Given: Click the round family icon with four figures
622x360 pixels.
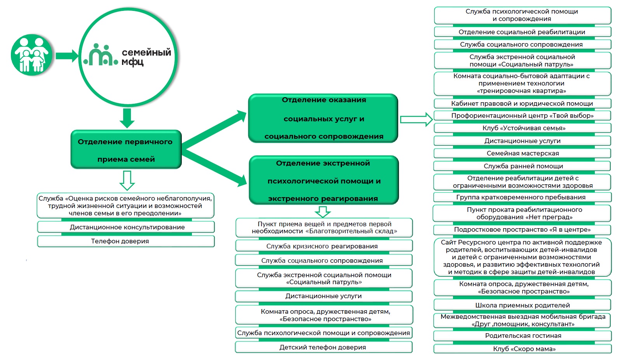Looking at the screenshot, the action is [31, 55].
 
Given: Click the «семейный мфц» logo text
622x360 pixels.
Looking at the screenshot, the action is [146, 57].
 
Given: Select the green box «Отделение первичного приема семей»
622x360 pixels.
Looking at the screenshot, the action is [126, 149].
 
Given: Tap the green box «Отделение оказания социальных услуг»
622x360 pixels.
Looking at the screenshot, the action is [323, 118].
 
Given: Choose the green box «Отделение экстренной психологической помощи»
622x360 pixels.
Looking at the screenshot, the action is [324, 180].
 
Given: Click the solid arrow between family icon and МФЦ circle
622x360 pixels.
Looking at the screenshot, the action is [67, 56].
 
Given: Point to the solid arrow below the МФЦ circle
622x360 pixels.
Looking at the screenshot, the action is [127, 118].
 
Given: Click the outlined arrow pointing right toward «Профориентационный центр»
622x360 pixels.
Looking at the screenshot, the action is [416, 119].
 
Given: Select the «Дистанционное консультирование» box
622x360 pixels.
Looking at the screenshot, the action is [126, 227].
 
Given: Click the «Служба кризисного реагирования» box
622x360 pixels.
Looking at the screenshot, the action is [324, 246].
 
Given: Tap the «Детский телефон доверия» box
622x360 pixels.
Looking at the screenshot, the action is [324, 347].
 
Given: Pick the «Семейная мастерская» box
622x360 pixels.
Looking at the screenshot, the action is [522, 153].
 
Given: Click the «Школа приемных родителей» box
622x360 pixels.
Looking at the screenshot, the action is [522, 305].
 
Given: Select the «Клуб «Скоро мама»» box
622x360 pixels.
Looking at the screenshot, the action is [523, 349].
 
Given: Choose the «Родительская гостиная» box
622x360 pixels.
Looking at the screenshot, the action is [523, 336].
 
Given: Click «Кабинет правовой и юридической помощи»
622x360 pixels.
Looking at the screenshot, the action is [522, 103].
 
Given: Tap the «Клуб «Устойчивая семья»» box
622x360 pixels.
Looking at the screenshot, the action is [522, 128].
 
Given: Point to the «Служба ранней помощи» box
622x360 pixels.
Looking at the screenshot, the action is [522, 166].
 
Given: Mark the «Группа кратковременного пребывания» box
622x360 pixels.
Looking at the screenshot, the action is [522, 197].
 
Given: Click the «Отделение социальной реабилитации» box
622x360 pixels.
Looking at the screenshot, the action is [523, 31].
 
